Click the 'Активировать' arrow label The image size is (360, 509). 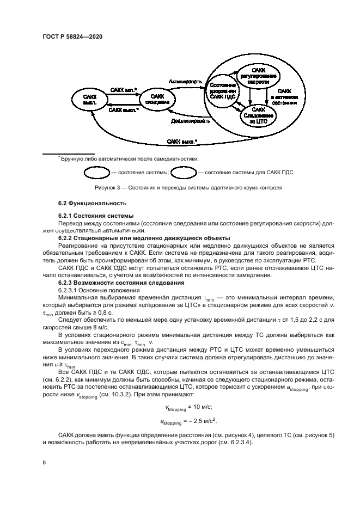[185, 82]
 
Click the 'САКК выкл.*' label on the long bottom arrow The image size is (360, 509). [182, 142]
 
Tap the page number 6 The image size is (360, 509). [45, 462]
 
